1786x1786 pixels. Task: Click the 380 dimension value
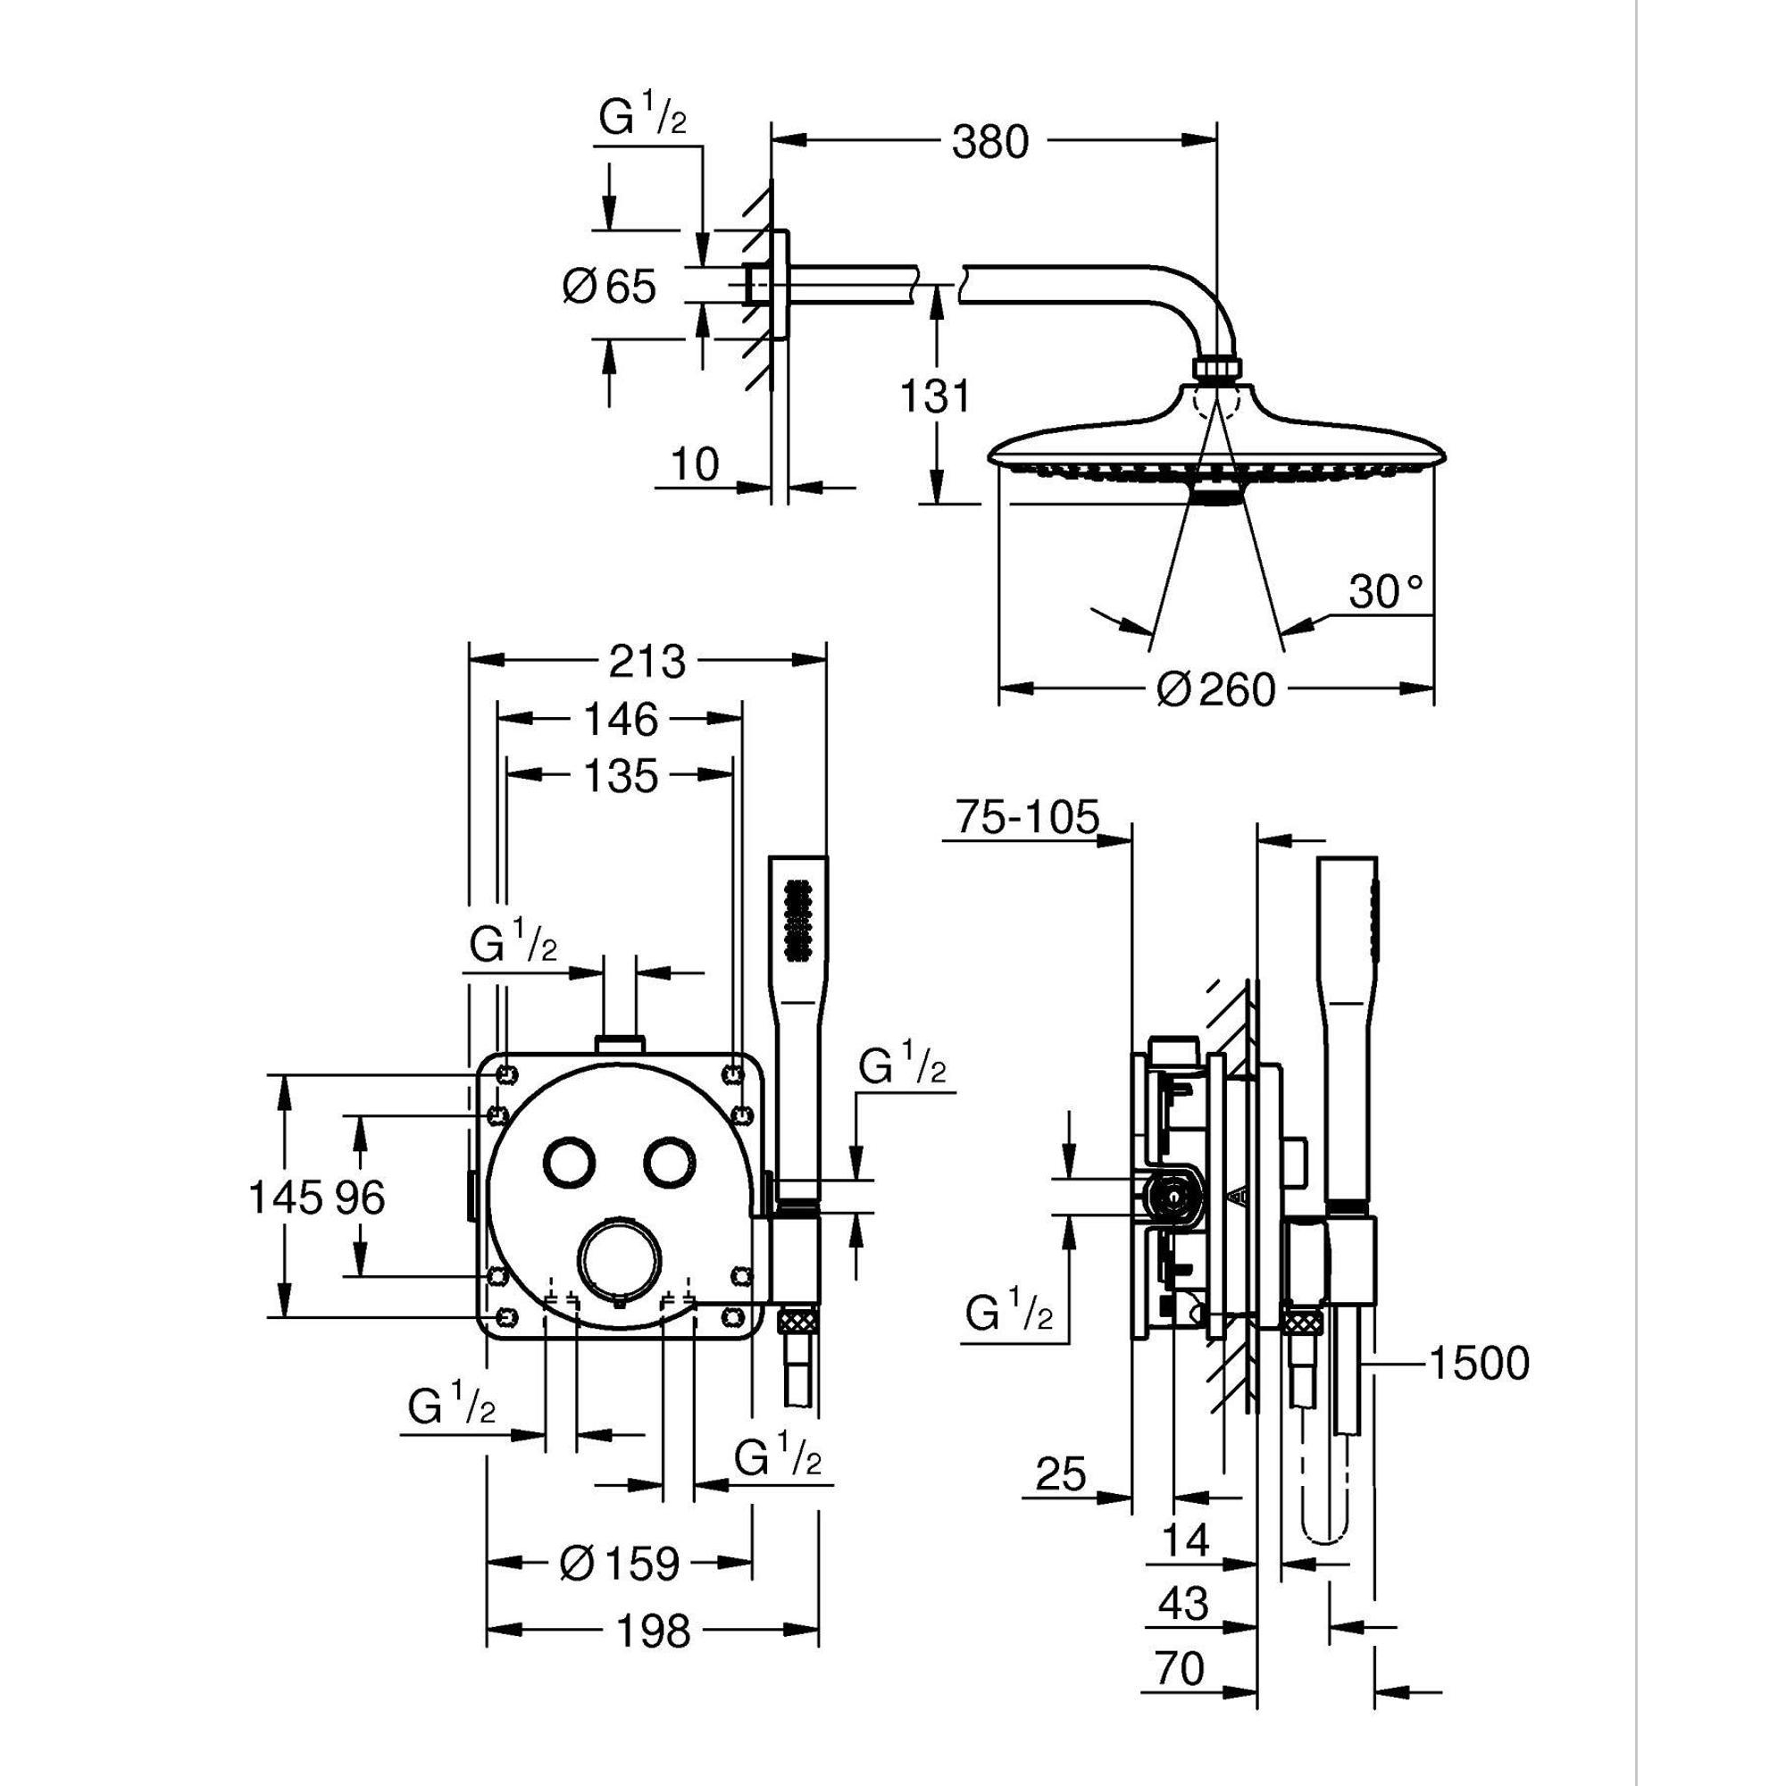coord(989,143)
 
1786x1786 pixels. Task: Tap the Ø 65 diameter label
coord(610,287)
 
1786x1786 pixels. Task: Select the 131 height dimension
coord(937,396)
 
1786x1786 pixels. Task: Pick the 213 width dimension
coord(647,662)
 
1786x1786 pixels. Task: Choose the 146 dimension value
coord(622,719)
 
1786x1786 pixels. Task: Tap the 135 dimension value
coord(622,777)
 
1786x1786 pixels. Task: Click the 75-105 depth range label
coord(1027,819)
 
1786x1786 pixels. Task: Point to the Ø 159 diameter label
coord(621,1564)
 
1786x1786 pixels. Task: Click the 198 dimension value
coord(653,1632)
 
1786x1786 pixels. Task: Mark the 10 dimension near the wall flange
coord(695,465)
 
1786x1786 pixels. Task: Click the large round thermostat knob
coord(621,1257)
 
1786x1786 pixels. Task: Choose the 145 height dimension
coord(277,1199)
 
